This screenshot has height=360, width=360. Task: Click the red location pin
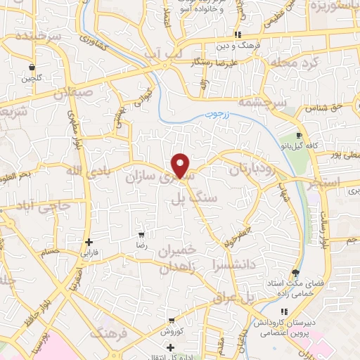pyautogui.click(x=181, y=165)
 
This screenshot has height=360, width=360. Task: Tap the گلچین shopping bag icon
pyautogui.click(x=32, y=67)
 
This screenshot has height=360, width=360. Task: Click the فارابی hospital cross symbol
pyautogui.click(x=87, y=240)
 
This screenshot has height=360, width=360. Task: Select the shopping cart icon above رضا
pyautogui.click(x=141, y=235)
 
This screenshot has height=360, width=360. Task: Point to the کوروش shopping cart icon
pyautogui.click(x=171, y=321)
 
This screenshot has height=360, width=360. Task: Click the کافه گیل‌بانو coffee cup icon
pyautogui.click(x=300, y=135)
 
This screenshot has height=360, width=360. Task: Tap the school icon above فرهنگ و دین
pyautogui.click(x=238, y=34)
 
